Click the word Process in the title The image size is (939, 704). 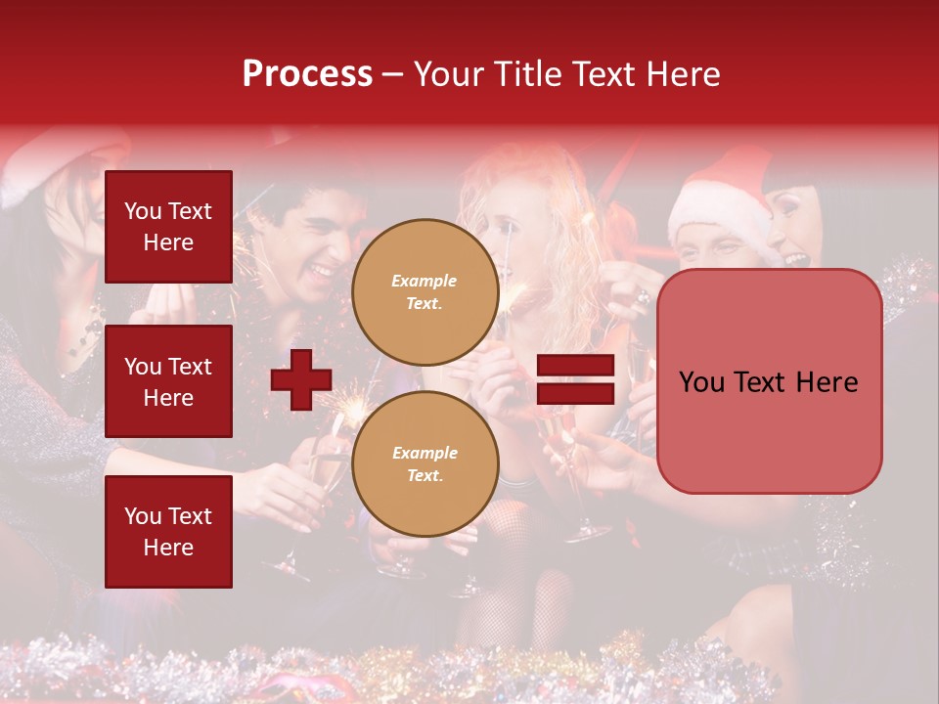pyautogui.click(x=307, y=74)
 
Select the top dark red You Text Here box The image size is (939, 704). pyautogui.click(x=168, y=227)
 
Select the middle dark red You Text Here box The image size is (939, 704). pyautogui.click(x=168, y=381)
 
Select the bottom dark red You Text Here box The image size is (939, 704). pyautogui.click(x=168, y=531)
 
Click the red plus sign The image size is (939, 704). pyautogui.click(x=301, y=379)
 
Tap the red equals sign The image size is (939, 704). pyautogui.click(x=575, y=379)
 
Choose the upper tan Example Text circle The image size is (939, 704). pyautogui.click(x=425, y=291)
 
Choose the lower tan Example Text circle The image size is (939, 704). pyautogui.click(x=425, y=463)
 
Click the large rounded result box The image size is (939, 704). pyautogui.click(x=769, y=381)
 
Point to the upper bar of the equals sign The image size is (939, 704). pyautogui.click(x=575, y=366)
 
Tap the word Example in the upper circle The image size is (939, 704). pyautogui.click(x=425, y=281)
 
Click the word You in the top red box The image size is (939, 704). pyautogui.click(x=143, y=211)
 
